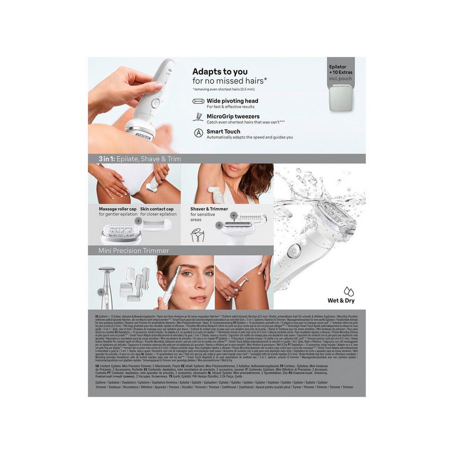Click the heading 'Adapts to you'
(x=220, y=72)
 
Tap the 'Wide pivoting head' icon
(x=198, y=101)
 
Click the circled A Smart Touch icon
(x=198, y=132)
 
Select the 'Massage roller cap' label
(x=118, y=209)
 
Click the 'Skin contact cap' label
(x=157, y=209)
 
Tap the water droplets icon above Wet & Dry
(x=348, y=291)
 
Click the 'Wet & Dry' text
(x=341, y=301)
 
